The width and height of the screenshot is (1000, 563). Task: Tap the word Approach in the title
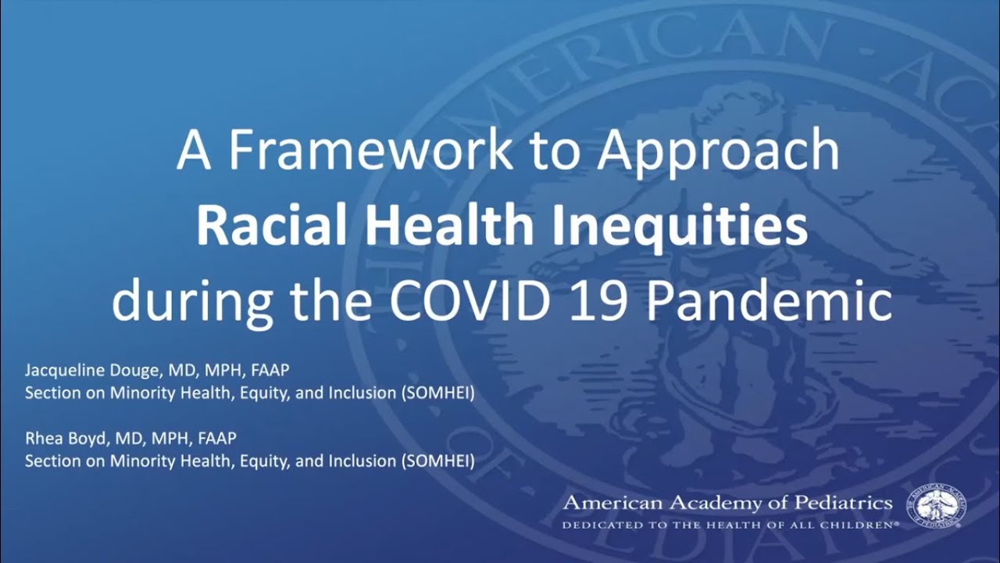point(718,152)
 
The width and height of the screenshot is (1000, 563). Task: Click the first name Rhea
point(41,438)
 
